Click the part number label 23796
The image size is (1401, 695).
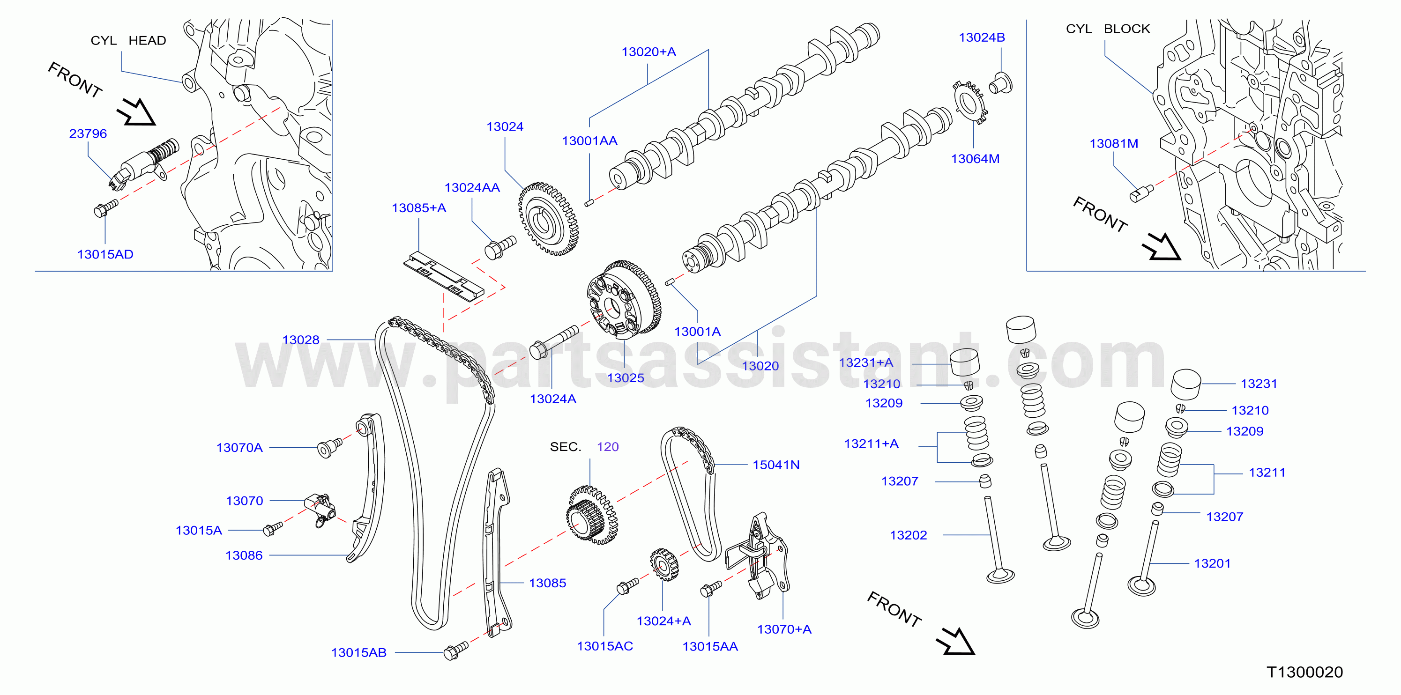click(88, 133)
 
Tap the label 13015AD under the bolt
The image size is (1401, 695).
click(105, 254)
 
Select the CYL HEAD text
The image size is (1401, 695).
click(128, 41)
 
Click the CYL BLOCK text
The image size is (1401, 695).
click(1108, 29)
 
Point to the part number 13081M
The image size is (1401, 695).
click(1114, 143)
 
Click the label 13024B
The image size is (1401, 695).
click(982, 37)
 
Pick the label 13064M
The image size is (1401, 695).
click(975, 159)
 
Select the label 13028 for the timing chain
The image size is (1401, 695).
click(301, 340)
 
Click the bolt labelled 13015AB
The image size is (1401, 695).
click(456, 651)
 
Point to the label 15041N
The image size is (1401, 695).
click(776, 465)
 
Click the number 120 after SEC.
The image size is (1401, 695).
click(608, 447)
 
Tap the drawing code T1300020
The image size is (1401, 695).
click(1305, 672)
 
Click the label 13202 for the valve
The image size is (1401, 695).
click(908, 535)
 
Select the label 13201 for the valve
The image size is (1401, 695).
click(1212, 563)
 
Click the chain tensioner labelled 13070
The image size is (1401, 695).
click(321, 509)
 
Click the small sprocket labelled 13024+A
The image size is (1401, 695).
click(664, 565)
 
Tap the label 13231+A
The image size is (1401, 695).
click(866, 362)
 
